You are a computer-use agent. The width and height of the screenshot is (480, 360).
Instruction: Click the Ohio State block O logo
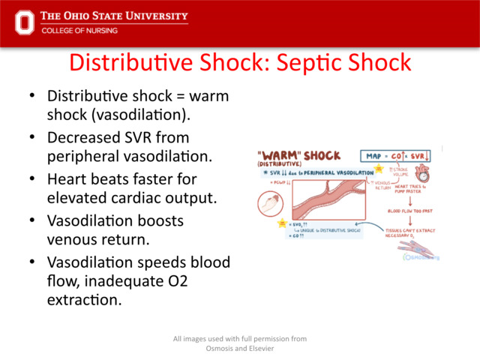point(25,22)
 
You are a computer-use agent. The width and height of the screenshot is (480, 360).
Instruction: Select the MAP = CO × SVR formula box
point(397,156)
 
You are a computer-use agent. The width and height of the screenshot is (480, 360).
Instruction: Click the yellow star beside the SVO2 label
point(281,224)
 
